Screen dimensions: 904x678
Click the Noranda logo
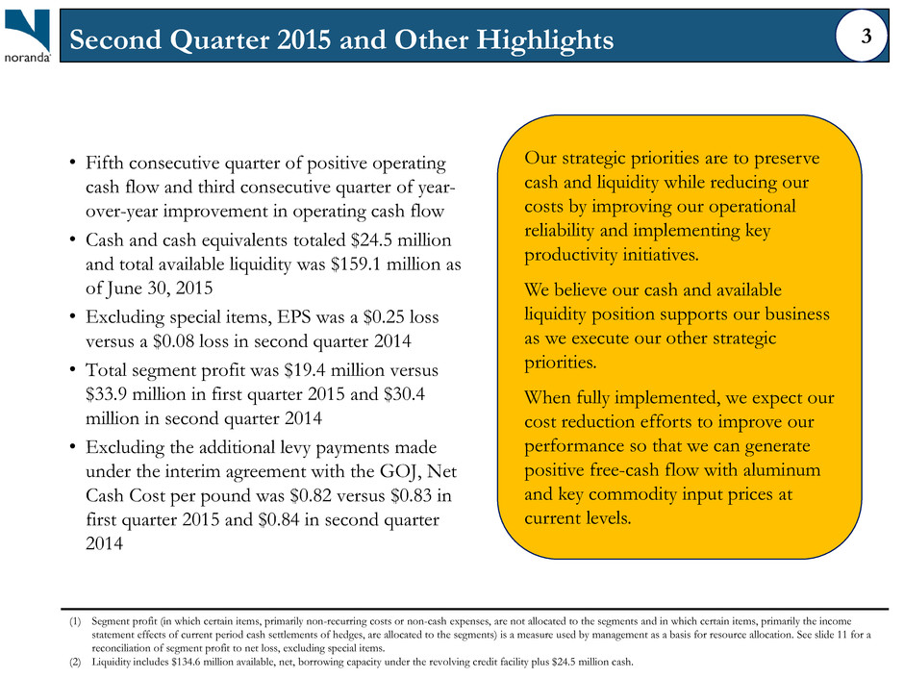coord(27,36)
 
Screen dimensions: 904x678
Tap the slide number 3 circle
coord(862,37)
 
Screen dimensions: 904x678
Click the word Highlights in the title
coord(545,39)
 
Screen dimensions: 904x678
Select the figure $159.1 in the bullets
coord(356,264)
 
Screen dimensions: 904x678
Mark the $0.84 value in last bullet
coord(279,520)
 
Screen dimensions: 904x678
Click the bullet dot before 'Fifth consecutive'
coord(73,163)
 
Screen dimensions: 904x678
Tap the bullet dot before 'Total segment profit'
coord(73,370)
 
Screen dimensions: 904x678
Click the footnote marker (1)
coord(76,621)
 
